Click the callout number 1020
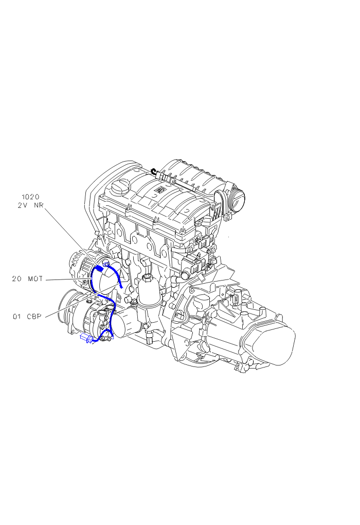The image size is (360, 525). click(x=30, y=197)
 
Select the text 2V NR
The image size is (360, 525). click(x=30, y=205)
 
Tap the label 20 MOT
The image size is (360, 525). click(x=27, y=278)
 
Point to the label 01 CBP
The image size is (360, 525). click(x=27, y=317)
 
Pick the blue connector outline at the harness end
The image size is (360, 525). click(x=86, y=338)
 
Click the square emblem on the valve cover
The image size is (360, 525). click(x=158, y=190)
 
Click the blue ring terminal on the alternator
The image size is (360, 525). click(x=106, y=265)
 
